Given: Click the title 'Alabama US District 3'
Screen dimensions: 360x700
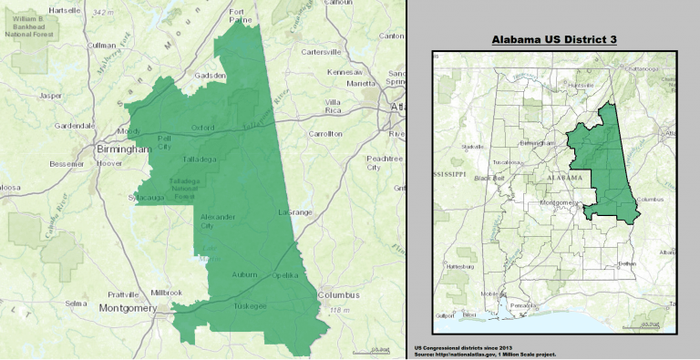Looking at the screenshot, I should point(555,41).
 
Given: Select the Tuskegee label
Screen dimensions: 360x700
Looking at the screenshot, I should point(250,305).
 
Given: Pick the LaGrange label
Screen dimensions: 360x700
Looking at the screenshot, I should point(294,211).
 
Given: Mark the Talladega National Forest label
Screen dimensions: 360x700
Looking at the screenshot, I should point(187,188).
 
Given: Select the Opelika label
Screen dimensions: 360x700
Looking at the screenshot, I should point(286,275).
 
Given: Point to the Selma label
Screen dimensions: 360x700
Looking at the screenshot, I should point(76,303).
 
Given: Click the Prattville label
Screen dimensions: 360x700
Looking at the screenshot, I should point(122,294).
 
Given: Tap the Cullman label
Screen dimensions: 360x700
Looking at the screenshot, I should point(101,45).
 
